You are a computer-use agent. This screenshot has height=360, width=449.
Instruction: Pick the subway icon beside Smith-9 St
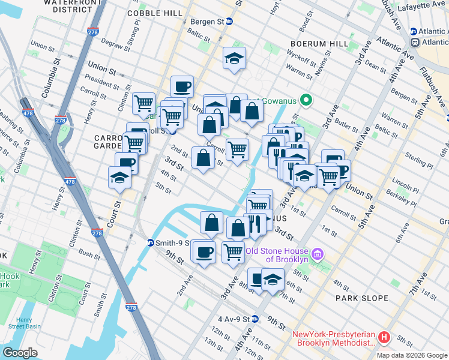pyautogui.click(x=151, y=243)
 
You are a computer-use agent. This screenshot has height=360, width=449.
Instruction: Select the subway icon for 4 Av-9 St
pyautogui.click(x=255, y=319)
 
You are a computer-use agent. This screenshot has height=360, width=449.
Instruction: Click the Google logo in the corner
pyautogui.click(x=20, y=353)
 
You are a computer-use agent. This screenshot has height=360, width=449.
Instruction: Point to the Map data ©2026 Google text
pyautogui.click(x=411, y=355)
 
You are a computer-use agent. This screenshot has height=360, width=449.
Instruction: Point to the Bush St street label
pyautogui.click(x=89, y=255)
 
